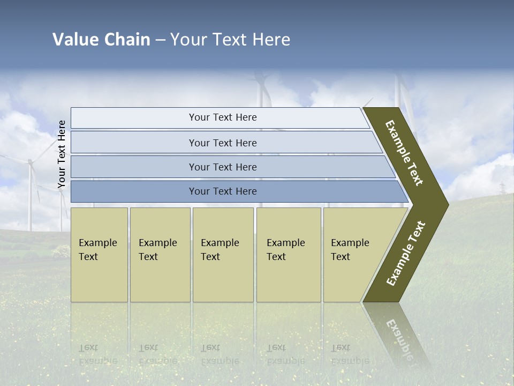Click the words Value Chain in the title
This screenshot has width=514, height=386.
pyautogui.click(x=101, y=40)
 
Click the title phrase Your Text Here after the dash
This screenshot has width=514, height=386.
pyautogui.click(x=230, y=40)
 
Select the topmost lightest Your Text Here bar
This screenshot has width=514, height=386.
pyautogui.click(x=222, y=117)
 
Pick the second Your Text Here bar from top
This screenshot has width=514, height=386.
pyautogui.click(x=222, y=143)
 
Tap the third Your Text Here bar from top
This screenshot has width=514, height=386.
pyautogui.click(x=222, y=167)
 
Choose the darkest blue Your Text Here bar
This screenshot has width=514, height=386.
pyautogui.click(x=222, y=191)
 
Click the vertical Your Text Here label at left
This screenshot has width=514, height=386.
pyautogui.click(x=62, y=154)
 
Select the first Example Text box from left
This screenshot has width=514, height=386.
pyautogui.click(x=99, y=254)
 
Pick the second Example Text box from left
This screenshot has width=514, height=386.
pyautogui.click(x=160, y=254)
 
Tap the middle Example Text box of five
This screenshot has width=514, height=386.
pyautogui.click(x=223, y=254)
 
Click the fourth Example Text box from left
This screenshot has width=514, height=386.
pyautogui.click(x=288, y=254)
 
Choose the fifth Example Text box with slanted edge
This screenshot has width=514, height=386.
pyautogui.click(x=353, y=254)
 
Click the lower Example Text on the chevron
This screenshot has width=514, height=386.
pyautogui.click(x=406, y=253)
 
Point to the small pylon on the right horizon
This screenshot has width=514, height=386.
pyautogui.click(x=502, y=188)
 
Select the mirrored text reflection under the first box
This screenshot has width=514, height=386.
pyautogui.click(x=98, y=354)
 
